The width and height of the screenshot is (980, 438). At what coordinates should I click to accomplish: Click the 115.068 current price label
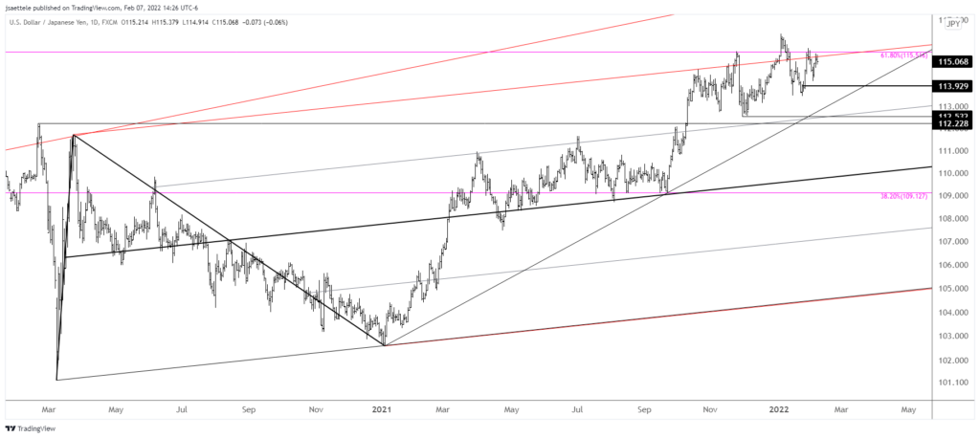[x=954, y=62]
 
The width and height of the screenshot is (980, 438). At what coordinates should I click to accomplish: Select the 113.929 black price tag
[x=954, y=86]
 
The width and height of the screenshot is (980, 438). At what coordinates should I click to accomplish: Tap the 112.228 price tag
[x=954, y=123]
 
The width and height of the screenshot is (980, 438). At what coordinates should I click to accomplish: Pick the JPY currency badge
[x=954, y=28]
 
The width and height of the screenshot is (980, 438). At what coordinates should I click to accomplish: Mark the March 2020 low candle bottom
[x=57, y=379]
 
